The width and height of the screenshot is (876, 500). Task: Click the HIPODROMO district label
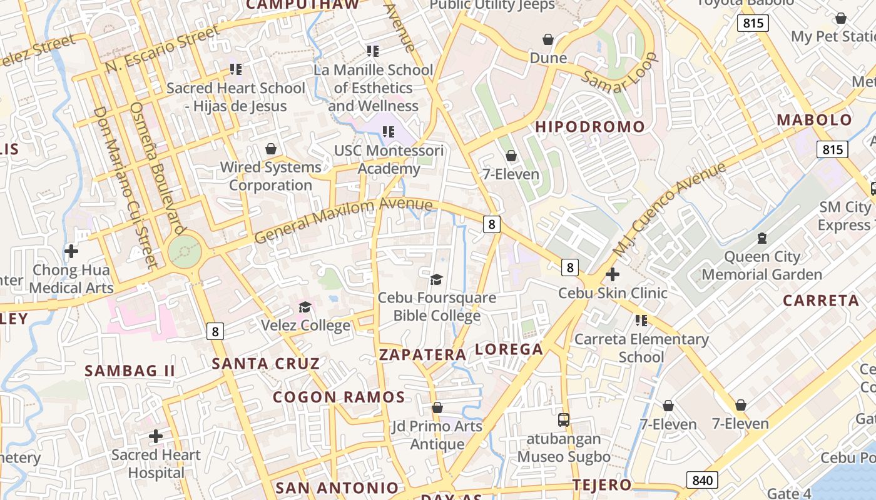[589, 127]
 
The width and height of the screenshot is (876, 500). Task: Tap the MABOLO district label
[814, 120]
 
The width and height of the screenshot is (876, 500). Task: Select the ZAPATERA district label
[422, 355]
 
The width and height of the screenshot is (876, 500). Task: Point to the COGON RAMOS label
[339, 397]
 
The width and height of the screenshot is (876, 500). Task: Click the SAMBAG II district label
[130, 371]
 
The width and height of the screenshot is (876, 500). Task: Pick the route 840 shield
[702, 480]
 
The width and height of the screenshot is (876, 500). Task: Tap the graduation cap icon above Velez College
[305, 307]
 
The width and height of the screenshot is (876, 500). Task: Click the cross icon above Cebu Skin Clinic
[613, 274]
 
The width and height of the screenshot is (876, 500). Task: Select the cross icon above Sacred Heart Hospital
[156, 436]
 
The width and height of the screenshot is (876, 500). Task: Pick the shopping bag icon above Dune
[548, 39]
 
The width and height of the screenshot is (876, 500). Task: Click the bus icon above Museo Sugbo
[564, 419]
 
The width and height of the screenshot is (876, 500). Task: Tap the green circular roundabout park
[185, 251]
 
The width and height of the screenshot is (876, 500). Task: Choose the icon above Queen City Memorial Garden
[761, 237]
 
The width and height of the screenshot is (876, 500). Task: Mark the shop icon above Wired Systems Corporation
[271, 149]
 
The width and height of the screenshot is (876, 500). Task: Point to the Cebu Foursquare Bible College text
[437, 306]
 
